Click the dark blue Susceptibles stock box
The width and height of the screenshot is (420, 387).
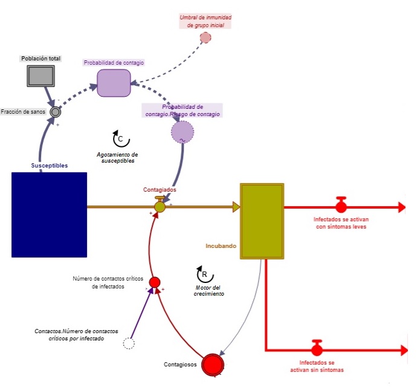click(x=49, y=215)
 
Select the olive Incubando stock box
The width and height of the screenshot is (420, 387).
click(x=262, y=221)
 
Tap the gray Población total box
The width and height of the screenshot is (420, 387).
click(x=41, y=76)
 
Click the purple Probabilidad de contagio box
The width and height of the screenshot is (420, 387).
click(x=114, y=83)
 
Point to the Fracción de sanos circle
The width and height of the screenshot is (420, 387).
click(x=55, y=112)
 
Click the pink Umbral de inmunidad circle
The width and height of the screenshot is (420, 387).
click(x=205, y=37)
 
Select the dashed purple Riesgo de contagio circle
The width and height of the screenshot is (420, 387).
click(x=182, y=132)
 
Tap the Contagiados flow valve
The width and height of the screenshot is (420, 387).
click(x=160, y=206)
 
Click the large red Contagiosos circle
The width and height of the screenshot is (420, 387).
click(x=213, y=364)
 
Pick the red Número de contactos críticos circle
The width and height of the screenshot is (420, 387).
click(x=154, y=282)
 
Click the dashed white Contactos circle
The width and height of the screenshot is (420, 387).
click(x=129, y=343)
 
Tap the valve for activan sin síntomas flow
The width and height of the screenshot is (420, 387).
click(x=317, y=349)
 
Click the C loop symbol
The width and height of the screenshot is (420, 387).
click(x=120, y=138)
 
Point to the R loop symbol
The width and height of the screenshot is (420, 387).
click(x=204, y=273)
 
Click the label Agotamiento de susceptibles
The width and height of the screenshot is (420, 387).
click(x=117, y=158)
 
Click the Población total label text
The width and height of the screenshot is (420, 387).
click(x=40, y=59)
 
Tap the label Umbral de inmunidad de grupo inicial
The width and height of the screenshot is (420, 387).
click(x=205, y=21)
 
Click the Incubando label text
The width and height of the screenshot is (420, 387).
click(x=221, y=246)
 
